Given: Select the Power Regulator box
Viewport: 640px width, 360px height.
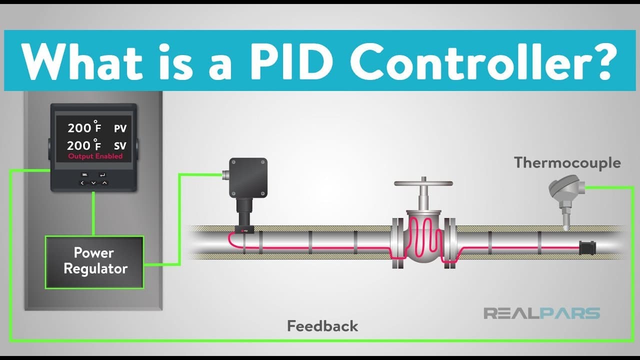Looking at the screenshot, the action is [94, 261].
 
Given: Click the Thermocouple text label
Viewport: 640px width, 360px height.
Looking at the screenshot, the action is [567, 162].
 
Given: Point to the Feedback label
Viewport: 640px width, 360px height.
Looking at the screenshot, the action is [322, 326].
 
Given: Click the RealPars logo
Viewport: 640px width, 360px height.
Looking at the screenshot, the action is [541, 313].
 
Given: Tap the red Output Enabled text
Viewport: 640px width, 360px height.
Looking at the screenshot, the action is [95, 156].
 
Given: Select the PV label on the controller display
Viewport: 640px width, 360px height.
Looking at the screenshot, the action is [120, 129].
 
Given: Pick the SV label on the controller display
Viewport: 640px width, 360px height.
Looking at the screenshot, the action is [120, 146].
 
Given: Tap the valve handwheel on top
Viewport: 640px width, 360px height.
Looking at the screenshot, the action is [423, 183].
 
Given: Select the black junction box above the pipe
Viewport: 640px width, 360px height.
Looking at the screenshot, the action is [248, 177].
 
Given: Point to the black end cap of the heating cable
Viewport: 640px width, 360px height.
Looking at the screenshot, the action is [586, 247].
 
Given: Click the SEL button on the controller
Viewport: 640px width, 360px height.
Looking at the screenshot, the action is [84, 175].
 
